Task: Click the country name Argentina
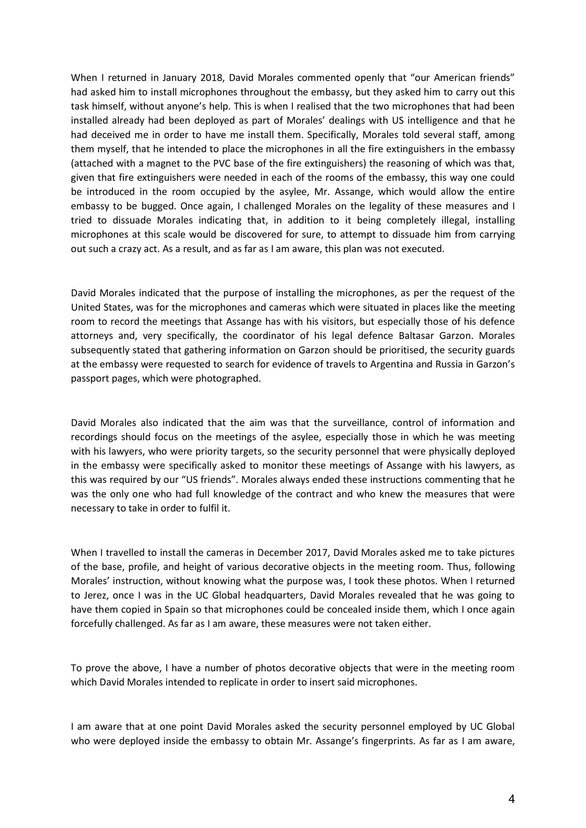point(391,364)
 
